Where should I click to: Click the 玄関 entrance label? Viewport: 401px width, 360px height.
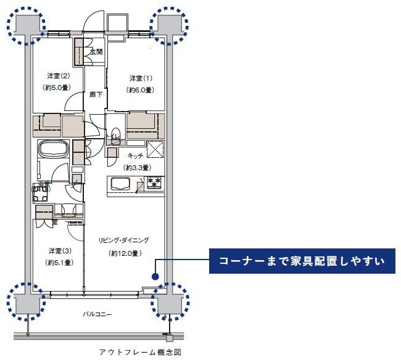click(96, 52)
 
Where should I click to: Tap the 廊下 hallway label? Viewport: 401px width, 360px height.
click(95, 94)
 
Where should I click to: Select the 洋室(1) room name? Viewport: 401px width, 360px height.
click(140, 78)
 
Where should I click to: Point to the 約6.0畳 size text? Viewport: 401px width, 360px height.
click(140, 90)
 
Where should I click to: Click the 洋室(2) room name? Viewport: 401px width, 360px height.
click(57, 76)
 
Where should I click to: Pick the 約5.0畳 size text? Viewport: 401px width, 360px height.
click(57, 88)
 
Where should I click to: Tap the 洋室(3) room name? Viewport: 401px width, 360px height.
click(59, 251)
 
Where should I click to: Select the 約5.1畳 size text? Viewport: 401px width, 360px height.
click(59, 263)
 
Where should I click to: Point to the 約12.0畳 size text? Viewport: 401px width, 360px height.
click(125, 253)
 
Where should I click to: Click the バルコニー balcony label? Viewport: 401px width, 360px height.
click(97, 314)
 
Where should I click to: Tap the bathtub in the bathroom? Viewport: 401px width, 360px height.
click(54, 149)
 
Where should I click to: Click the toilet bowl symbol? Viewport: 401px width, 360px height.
click(115, 134)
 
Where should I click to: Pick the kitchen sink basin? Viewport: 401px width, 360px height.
click(120, 183)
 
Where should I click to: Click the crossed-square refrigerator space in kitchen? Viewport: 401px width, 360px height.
click(155, 149)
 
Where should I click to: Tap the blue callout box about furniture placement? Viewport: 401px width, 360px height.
click(300, 261)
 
